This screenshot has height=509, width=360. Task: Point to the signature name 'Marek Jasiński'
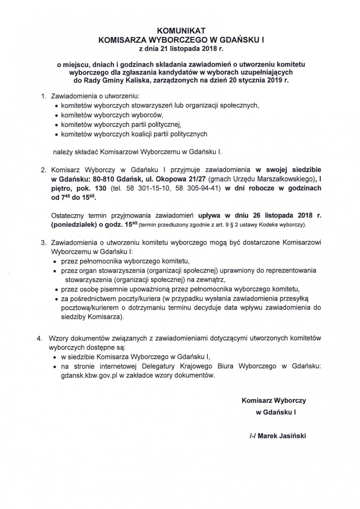click(276, 436)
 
